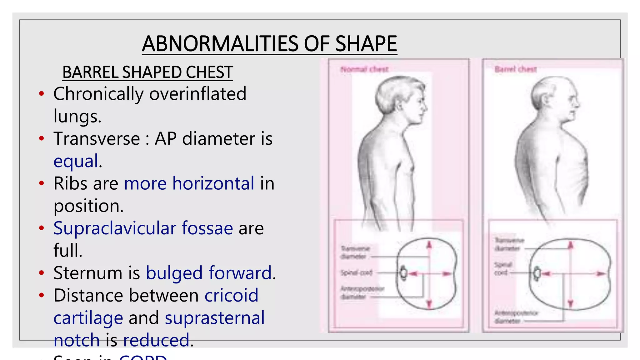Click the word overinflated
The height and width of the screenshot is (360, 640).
(x=197, y=94)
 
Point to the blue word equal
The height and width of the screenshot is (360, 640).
(x=76, y=161)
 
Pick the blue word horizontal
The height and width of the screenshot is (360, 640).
(x=213, y=183)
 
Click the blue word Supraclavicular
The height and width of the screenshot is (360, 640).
(x=115, y=228)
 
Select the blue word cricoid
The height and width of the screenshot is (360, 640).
(x=231, y=296)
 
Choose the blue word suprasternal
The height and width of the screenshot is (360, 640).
(x=215, y=318)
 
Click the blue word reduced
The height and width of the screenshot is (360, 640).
(x=156, y=340)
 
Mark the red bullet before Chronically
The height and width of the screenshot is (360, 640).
(x=42, y=93)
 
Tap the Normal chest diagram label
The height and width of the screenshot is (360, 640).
(x=364, y=69)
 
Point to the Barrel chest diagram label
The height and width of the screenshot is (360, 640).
(x=516, y=69)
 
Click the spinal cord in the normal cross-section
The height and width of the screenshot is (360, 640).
(x=403, y=273)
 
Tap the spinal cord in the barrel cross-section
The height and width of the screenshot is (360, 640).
(x=537, y=273)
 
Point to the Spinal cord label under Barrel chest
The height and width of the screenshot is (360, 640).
(x=502, y=269)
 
